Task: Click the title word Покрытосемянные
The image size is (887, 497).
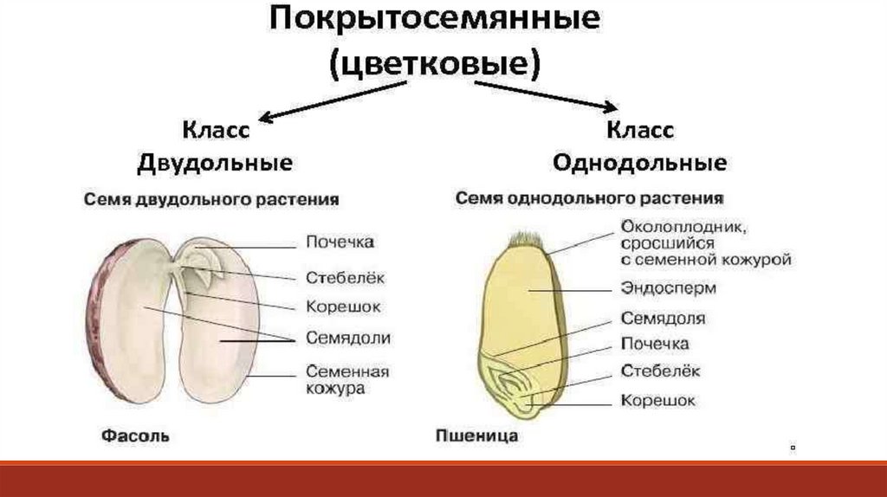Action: [x=434, y=20]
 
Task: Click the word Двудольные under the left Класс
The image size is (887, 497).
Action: [x=215, y=163]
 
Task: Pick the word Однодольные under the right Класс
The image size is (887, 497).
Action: [x=639, y=163]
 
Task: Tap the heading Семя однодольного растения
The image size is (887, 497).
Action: [x=590, y=198]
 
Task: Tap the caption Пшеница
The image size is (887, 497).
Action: [x=476, y=435]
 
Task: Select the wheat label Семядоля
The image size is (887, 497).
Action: [x=663, y=318]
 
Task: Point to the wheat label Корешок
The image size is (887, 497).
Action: [x=657, y=400]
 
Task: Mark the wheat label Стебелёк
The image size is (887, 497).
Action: [x=660, y=371]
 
